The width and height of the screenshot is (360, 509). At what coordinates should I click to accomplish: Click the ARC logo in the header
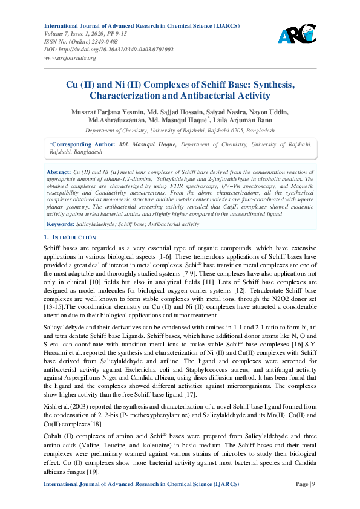point(297,33)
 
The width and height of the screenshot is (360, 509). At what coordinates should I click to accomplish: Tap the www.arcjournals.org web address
point(70,57)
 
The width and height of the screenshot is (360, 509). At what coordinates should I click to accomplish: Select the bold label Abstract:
point(59,172)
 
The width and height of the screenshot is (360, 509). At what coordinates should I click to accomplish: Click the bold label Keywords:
point(61,224)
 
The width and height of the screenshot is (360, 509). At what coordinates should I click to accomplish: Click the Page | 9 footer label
point(305,485)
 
